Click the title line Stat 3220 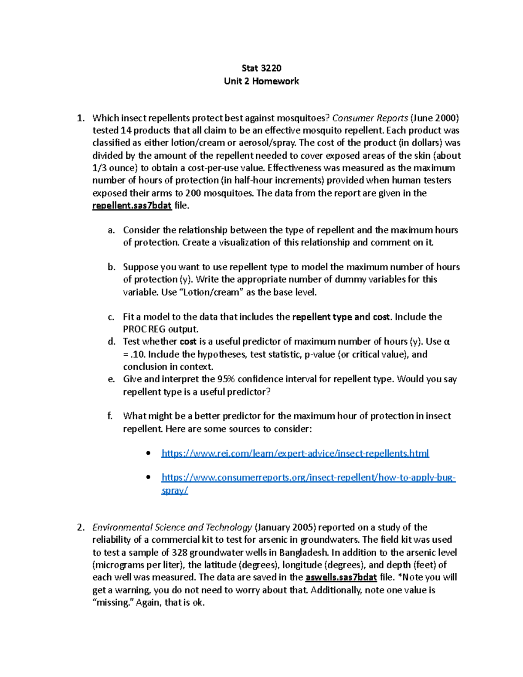pos(261,68)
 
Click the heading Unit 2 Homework pos(261,81)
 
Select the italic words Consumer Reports pos(370,118)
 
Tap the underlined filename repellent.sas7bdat pos(132,206)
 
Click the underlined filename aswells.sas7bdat pos(341,578)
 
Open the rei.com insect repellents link pos(295,453)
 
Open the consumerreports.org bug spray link pos(308,478)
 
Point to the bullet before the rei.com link pos(149,453)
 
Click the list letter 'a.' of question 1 pos(111,230)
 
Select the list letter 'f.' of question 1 pos(110,416)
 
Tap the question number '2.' pos(81,527)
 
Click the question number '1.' pos(80,118)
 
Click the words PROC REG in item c pos(142,330)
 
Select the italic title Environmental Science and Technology pos(172,527)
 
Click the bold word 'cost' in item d pos(188,342)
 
